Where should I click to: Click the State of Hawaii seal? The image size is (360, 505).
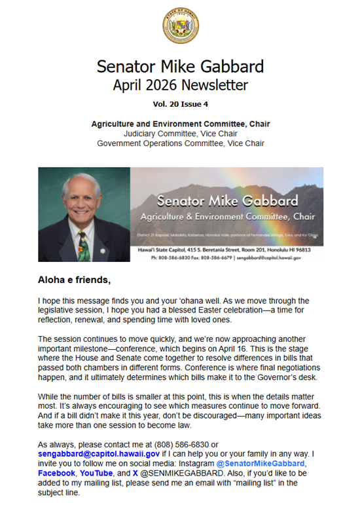point(180,27)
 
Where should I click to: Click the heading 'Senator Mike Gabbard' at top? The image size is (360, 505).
point(180,67)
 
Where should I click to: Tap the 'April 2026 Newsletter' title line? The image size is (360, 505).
point(180,84)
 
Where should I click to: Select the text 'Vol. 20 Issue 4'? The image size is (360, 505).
point(180,103)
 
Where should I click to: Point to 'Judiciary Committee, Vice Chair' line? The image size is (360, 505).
point(180,133)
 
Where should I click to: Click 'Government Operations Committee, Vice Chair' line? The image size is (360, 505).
point(180,143)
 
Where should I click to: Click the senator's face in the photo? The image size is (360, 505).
point(85,199)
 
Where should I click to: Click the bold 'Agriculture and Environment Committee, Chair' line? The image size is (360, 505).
point(180,123)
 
